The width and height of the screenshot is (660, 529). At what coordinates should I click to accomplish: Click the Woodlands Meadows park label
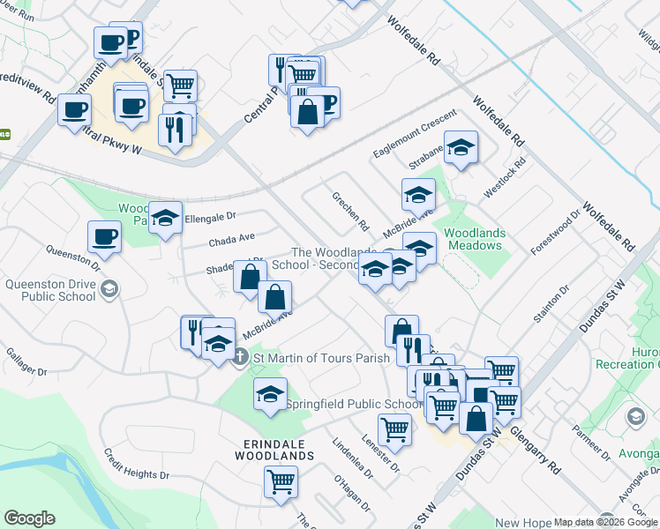coord(475,239)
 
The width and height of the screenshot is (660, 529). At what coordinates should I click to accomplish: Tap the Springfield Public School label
coord(355,405)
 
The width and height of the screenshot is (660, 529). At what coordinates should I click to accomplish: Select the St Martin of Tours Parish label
coord(321,358)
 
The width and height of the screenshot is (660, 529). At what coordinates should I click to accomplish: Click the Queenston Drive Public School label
coord(50,290)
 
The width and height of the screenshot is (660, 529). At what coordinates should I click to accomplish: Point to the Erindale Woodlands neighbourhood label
coord(274,450)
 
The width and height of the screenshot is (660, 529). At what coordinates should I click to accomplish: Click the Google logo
coord(29,518)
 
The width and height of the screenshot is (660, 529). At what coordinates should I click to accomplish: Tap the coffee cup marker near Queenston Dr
coord(104,237)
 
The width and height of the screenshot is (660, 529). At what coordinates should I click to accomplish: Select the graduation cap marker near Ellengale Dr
coord(165,218)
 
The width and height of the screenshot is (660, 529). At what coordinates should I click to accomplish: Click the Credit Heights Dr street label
coord(137,464)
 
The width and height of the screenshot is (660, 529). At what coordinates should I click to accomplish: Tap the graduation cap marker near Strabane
coord(460,147)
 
